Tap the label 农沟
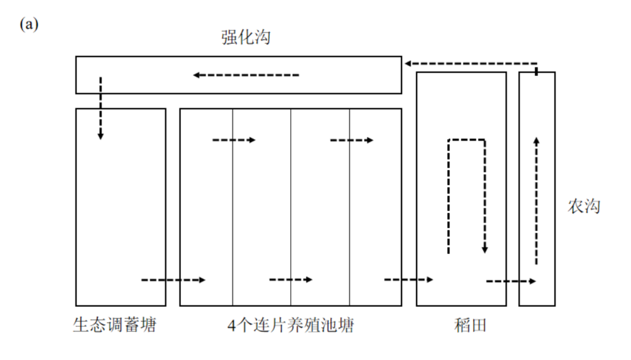click(x=584, y=206)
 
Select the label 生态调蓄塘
click(x=115, y=325)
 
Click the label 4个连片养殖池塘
click(x=290, y=325)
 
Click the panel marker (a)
click(x=29, y=25)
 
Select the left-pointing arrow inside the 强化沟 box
click(x=246, y=75)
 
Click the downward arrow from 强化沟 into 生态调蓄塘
click(x=100, y=108)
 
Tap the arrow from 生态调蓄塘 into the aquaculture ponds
click(x=173, y=280)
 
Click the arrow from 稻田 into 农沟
click(x=511, y=281)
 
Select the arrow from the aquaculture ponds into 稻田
click(x=408, y=279)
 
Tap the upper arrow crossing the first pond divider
click(x=234, y=140)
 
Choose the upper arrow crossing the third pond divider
click(x=352, y=140)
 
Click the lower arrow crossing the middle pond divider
click(x=290, y=279)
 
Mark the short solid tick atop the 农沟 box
click(x=537, y=71)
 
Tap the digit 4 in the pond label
click(x=231, y=326)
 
